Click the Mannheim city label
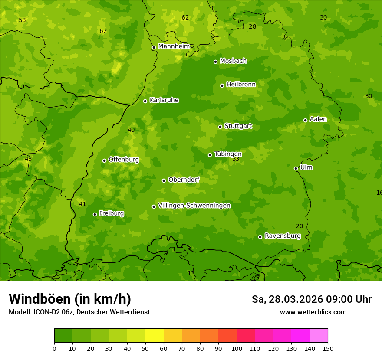174,46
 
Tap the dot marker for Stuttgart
220,127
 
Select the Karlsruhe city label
164,100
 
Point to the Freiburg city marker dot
95,214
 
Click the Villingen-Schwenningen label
194,206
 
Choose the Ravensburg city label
283,236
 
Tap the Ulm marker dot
296,168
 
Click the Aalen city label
318,119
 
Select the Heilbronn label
241,85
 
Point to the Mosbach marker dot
215,62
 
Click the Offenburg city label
124,160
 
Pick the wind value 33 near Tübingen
236,159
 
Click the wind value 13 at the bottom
191,273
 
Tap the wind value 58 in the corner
22,20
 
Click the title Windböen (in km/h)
69,299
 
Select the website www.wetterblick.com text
313,312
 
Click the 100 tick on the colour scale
237,348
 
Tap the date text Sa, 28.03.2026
287,299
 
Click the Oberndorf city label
184,180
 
